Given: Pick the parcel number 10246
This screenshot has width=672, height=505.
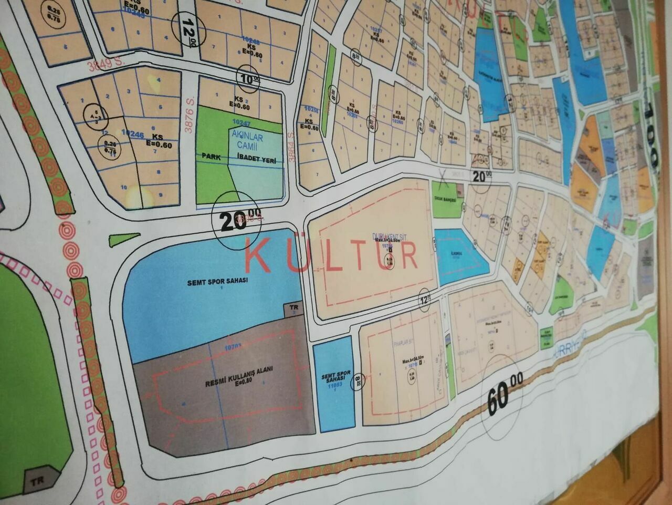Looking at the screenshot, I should tap(132, 135).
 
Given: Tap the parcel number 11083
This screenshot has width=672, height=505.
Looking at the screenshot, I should tap(334, 386).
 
